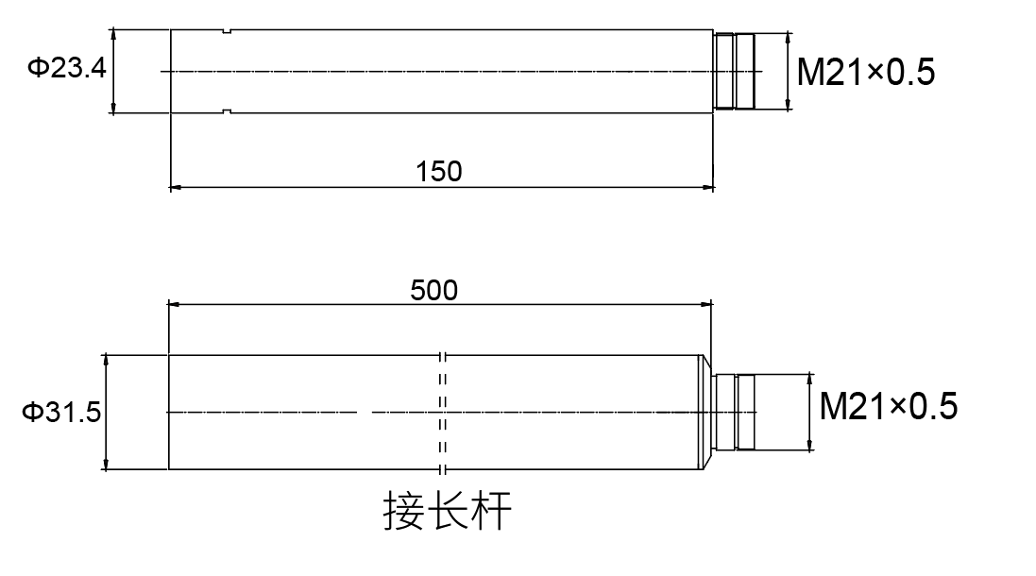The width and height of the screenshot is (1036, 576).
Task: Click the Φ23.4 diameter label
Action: click(x=66, y=69)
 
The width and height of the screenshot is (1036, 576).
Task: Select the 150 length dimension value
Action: click(x=439, y=171)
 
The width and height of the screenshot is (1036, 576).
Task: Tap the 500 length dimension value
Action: click(x=433, y=290)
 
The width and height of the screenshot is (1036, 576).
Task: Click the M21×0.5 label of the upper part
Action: click(x=866, y=72)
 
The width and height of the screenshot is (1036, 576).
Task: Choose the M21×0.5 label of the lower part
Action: click(x=889, y=407)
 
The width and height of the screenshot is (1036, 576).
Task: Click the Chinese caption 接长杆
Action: click(x=448, y=512)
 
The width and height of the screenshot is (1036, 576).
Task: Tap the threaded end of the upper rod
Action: click(x=736, y=71)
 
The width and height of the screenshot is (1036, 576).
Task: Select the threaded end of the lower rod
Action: click(x=735, y=412)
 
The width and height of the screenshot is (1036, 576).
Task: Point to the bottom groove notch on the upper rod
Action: click(x=227, y=110)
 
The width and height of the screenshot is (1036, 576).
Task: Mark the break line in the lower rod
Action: click(x=442, y=413)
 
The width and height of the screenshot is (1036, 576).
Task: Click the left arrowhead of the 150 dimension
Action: click(x=176, y=187)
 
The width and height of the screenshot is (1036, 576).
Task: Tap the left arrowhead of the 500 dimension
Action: click(x=174, y=305)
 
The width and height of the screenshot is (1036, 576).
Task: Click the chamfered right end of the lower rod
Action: click(x=705, y=412)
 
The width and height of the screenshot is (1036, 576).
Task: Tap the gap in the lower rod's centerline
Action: click(x=365, y=413)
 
